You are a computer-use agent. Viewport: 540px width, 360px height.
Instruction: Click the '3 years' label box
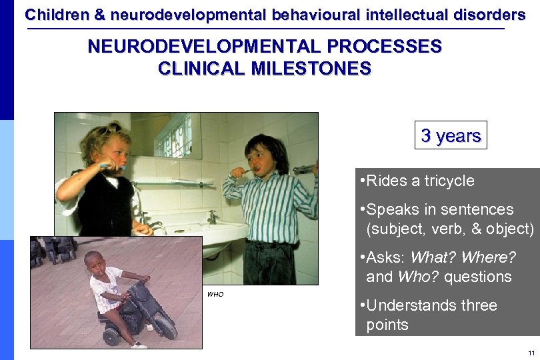451,135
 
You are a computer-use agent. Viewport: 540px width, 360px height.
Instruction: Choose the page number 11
531,353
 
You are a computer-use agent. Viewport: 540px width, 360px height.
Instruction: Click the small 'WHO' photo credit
215,294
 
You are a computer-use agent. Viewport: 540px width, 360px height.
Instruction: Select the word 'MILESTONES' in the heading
313,69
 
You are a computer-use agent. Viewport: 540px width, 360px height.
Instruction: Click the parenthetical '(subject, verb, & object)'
450,229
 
